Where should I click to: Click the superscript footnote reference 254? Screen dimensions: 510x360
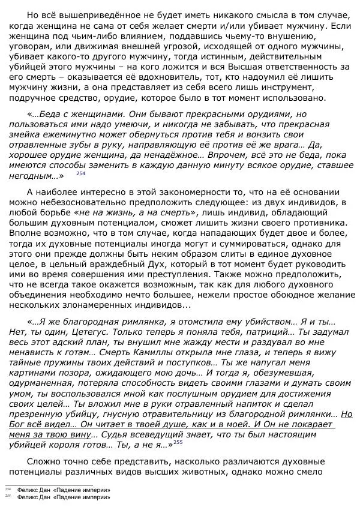[x=80, y=173]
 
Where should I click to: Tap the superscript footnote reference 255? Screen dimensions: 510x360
[x=178, y=443]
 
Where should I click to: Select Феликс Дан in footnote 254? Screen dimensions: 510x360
[x=34, y=490]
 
